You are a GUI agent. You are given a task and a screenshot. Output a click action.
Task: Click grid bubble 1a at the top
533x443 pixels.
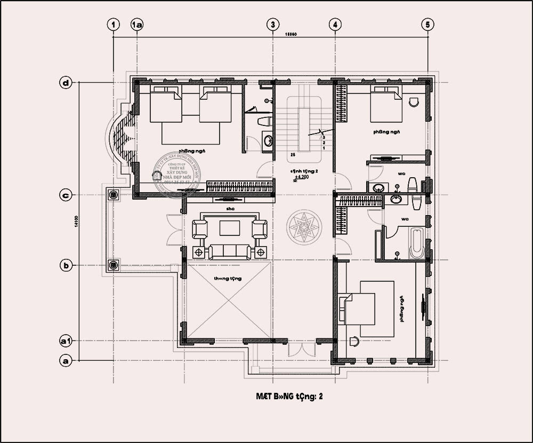[x=138, y=25]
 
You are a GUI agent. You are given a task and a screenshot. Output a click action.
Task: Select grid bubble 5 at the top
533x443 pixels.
[x=427, y=25]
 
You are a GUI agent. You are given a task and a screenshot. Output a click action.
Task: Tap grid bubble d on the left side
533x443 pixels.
[x=66, y=83]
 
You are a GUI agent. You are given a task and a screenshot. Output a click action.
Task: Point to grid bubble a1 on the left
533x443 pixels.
[x=66, y=340]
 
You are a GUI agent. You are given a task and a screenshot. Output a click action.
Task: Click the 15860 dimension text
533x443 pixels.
[x=290, y=34]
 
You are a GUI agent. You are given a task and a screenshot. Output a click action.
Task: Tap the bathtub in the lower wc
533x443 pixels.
[x=416, y=243]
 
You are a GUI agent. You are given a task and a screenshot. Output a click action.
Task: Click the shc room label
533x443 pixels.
[x=230, y=209]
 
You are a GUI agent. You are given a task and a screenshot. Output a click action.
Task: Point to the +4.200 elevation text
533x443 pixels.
[x=302, y=177]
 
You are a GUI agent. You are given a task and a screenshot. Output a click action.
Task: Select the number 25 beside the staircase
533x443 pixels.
[x=293, y=155]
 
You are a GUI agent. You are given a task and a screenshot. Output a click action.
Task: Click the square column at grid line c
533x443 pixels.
[x=113, y=195]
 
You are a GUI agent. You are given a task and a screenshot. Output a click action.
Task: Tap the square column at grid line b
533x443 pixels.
[x=113, y=265]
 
